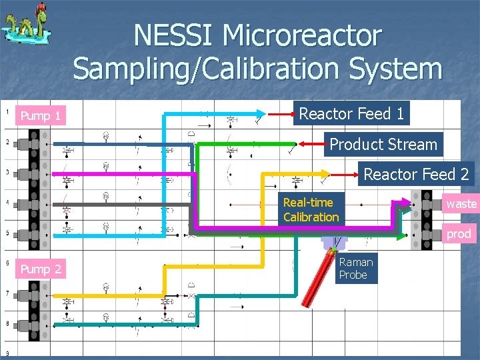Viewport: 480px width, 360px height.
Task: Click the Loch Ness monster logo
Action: [x=26, y=27]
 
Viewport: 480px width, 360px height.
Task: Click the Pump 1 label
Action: [x=41, y=116]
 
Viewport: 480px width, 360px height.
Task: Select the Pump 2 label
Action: [x=41, y=269]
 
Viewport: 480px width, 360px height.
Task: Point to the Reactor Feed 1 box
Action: [x=351, y=113]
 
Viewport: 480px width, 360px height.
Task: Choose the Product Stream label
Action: [x=383, y=144]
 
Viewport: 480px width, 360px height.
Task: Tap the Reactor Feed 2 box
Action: [x=416, y=175]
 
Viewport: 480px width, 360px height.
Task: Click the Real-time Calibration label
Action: [x=311, y=209]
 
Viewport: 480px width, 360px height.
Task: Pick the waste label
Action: [x=461, y=203]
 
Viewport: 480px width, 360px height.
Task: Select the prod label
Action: [x=459, y=234]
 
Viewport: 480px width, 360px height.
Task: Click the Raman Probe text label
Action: [x=355, y=268]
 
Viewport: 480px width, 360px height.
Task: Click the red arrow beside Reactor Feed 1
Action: [x=279, y=114]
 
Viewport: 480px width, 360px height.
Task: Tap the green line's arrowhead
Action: [x=294, y=143]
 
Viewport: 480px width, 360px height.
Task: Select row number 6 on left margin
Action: [x=7, y=263]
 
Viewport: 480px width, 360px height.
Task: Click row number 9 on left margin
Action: [x=7, y=353]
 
